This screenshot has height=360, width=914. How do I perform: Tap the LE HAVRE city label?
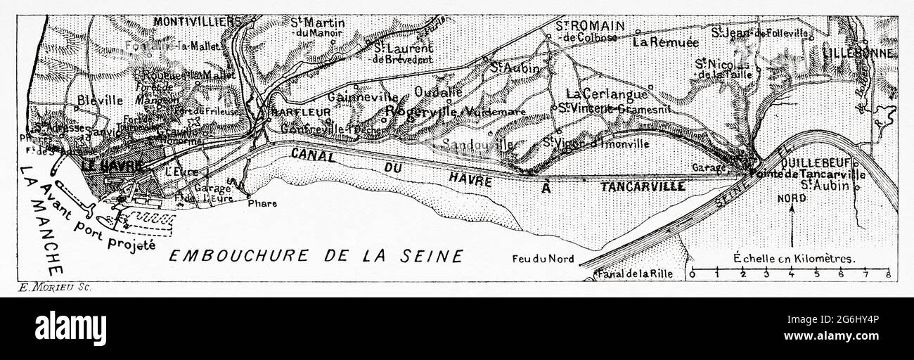pyautogui.click(x=112, y=167)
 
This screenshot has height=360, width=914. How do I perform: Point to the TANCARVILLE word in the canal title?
pyautogui.click(x=643, y=186)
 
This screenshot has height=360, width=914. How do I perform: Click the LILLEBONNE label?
pyautogui.click(x=860, y=53)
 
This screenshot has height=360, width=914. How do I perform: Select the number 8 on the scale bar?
pyautogui.click(x=889, y=275)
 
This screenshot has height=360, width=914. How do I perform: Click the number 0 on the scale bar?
pyautogui.click(x=693, y=275)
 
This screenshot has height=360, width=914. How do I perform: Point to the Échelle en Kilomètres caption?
pyautogui.click(x=794, y=257)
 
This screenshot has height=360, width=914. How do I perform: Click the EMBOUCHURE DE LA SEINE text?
pyautogui.click(x=316, y=256)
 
